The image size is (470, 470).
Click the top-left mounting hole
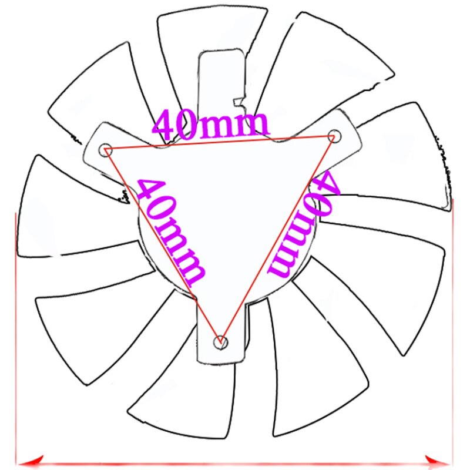[106, 149]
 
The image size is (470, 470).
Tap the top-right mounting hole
[334, 135]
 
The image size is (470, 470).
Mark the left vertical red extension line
[15, 335]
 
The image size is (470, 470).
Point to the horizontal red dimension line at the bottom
[235, 461]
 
